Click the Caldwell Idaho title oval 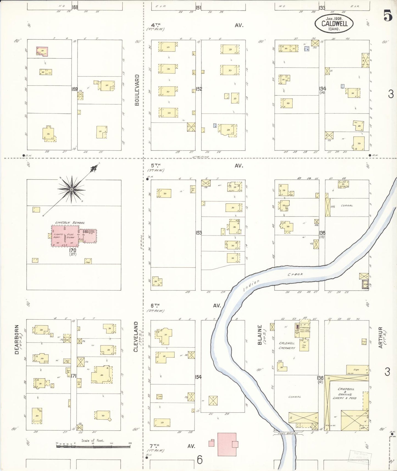[x=334, y=23]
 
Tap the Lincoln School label [x=70, y=223]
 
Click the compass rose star [x=71, y=189]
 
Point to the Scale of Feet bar [x=93, y=446]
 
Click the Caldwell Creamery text [x=287, y=345]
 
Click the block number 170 [x=73, y=250]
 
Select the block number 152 [x=199, y=89]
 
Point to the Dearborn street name [x=17, y=339]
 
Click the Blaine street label [x=260, y=335]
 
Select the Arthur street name [x=381, y=337]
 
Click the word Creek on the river [x=295, y=274]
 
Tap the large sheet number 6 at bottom [x=199, y=459]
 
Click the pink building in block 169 [x=42, y=51]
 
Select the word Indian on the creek [x=251, y=286]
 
